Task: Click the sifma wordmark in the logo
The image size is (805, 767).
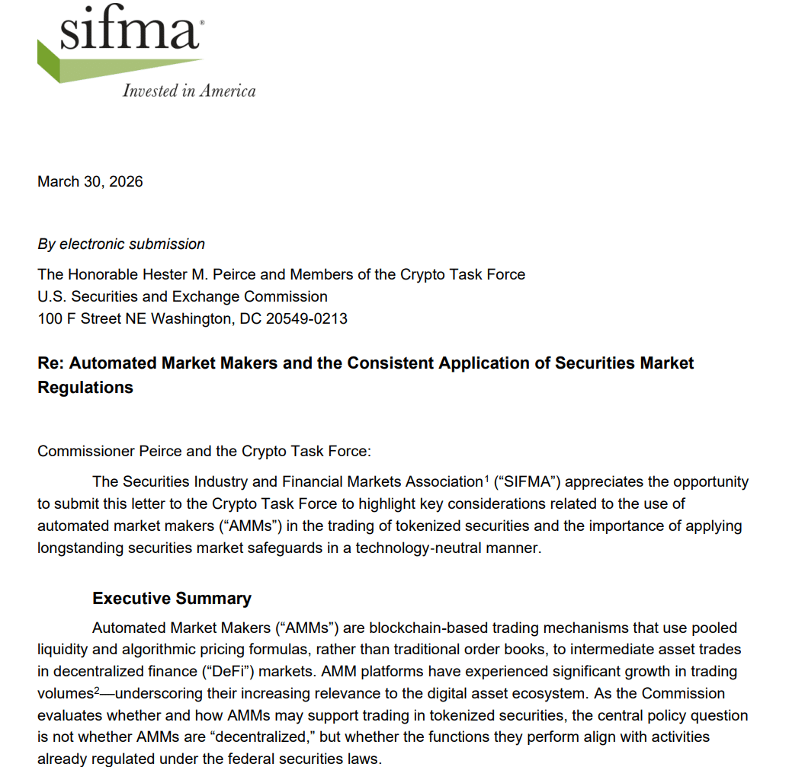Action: click(x=130, y=31)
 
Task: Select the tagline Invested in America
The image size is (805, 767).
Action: click(x=189, y=91)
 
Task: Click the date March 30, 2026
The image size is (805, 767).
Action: click(x=90, y=181)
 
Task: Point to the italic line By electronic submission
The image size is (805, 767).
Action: click(x=121, y=244)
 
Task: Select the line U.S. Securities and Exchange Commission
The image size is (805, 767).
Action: click(x=182, y=296)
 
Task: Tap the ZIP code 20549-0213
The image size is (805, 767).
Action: click(x=306, y=318)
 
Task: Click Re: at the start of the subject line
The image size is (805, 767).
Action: click(x=51, y=363)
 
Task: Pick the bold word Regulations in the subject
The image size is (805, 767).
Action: click(x=85, y=387)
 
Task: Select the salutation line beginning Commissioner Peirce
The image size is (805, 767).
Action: click(x=204, y=451)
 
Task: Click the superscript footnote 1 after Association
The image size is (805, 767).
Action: click(x=486, y=478)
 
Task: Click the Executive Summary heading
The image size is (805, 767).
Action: click(x=172, y=599)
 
